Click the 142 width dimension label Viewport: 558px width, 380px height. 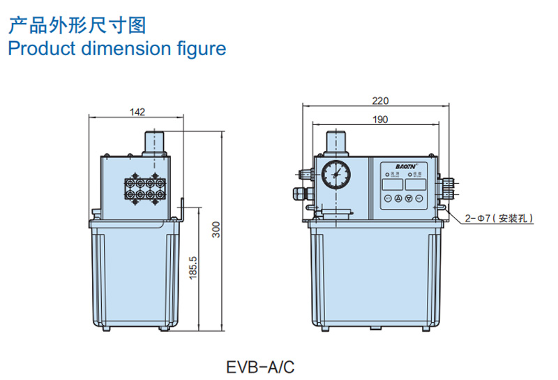tap(137, 111)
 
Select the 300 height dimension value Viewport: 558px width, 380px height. tap(217, 229)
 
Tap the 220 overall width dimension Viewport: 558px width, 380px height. tap(380, 101)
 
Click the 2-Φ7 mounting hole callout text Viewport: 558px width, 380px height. tap(499, 219)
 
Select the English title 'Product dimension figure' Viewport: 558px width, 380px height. tap(116, 49)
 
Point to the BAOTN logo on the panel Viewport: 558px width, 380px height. tap(401, 168)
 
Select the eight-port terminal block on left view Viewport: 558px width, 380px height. tap(144, 187)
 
